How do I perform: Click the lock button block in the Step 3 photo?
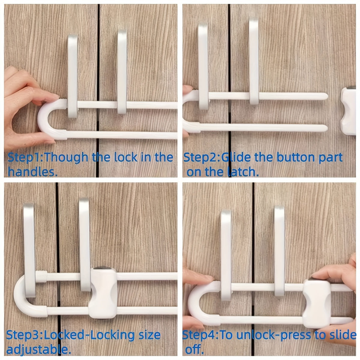tap(103, 289)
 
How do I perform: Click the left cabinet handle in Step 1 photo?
tap(73, 75)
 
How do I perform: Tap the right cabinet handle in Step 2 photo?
tap(254, 60)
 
